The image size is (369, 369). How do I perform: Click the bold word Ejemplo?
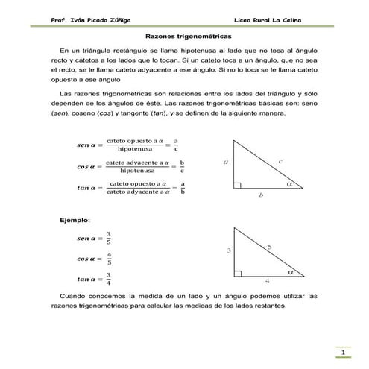[x=75, y=220]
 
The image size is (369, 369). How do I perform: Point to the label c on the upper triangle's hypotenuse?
[x=279, y=160]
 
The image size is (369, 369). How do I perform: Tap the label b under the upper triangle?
[x=261, y=196]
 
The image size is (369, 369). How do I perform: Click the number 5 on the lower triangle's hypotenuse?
[x=269, y=246]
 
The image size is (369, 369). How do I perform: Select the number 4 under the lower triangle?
[x=267, y=282]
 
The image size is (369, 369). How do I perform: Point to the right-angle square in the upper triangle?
[x=236, y=186]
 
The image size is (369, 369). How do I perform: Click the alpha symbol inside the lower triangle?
[x=291, y=271]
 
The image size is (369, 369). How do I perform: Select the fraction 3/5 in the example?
[x=109, y=238]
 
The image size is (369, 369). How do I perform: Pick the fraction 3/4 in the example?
[x=109, y=279]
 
